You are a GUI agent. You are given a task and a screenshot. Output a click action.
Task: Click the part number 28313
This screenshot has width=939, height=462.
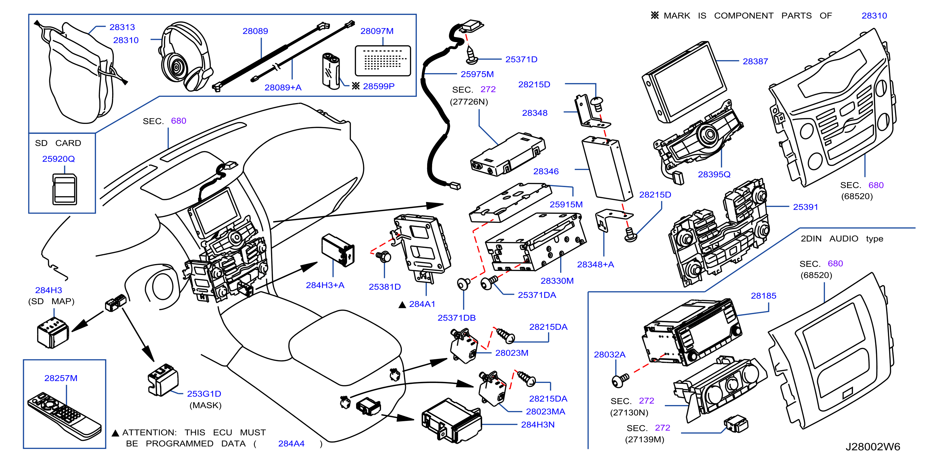[122, 27]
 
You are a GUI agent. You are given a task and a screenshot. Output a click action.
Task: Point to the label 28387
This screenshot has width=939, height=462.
[755, 62]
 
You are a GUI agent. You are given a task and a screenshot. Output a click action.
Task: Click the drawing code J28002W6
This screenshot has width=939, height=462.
[873, 447]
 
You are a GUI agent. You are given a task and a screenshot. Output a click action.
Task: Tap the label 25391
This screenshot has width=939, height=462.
[806, 207]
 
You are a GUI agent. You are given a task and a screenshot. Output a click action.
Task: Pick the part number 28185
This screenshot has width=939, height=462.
[763, 296]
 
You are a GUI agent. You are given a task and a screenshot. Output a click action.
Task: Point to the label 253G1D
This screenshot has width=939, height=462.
[204, 394]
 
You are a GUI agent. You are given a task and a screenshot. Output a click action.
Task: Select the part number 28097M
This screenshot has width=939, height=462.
[377, 31]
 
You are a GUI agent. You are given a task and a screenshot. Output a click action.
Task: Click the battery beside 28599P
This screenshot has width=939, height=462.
[331, 71]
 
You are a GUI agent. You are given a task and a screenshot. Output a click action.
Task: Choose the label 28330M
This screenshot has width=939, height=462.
[557, 281]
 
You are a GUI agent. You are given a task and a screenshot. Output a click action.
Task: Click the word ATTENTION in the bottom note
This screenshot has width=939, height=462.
[150, 432]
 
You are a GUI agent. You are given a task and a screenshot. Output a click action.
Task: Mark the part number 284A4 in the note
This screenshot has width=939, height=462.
[291, 444]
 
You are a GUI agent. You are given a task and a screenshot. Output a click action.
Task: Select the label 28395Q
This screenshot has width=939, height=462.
[714, 175]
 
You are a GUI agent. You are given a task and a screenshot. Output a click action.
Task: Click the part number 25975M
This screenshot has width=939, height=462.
[477, 74]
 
